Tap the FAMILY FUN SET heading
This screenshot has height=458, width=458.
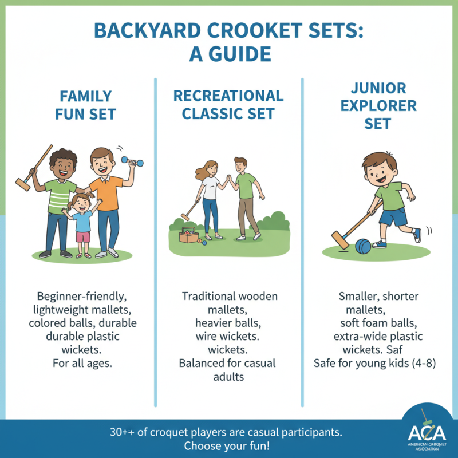(85, 104)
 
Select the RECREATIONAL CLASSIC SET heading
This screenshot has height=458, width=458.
(228, 104)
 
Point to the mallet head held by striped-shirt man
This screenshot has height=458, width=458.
(23, 184)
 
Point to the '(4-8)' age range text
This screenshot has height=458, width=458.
(421, 363)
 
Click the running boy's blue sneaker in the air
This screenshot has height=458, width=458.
(417, 235)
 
